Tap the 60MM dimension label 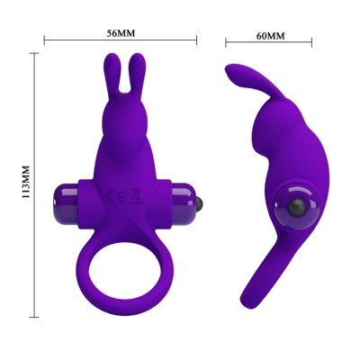pyautogui.click(x=269, y=36)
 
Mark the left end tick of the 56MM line pyautogui.click(x=45, y=40)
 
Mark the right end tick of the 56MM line pyautogui.click(x=197, y=40)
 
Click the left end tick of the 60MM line pyautogui.click(x=226, y=42)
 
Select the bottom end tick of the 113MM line pyautogui.click(x=35, y=316)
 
